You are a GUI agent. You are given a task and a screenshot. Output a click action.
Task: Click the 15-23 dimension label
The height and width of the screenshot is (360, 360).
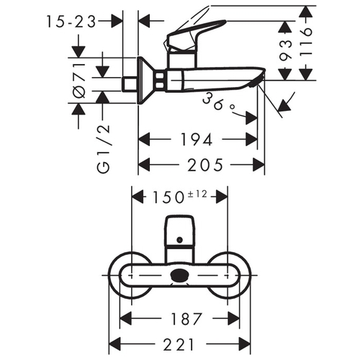(71, 22)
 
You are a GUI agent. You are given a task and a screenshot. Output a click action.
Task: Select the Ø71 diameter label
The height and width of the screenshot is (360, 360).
(79, 80)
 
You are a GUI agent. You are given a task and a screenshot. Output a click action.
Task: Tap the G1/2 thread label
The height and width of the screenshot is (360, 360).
(104, 149)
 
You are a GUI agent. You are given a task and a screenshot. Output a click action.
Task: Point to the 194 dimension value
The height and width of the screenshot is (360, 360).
(197, 139)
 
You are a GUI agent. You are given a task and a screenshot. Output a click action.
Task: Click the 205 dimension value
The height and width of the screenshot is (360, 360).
(205, 165)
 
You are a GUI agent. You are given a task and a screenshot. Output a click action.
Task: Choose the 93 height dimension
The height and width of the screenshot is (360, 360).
(286, 50)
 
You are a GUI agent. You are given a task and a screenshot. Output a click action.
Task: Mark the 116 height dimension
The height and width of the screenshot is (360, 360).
(306, 42)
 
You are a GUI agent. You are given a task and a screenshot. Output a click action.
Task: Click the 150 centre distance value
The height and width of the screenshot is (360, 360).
(168, 198)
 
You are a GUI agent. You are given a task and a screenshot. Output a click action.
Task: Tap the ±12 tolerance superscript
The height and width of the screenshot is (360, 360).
(197, 194)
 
